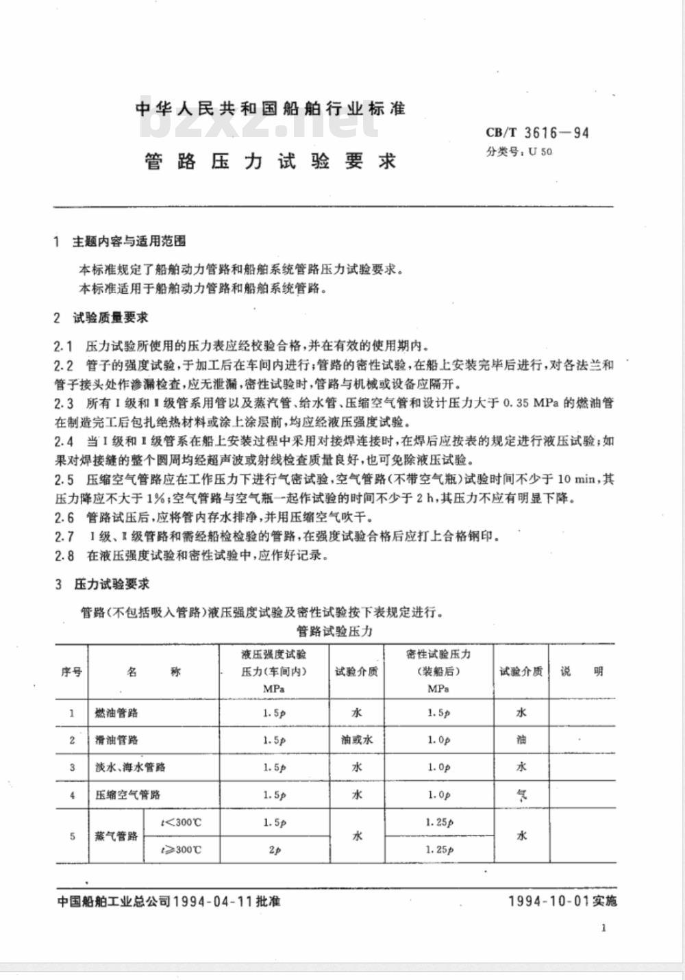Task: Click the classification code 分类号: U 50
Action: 519,152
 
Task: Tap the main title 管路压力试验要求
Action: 271,162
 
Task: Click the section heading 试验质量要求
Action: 110,318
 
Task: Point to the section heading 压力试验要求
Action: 111,584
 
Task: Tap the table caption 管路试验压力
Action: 334,631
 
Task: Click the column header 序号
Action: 71,672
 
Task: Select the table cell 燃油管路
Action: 116,713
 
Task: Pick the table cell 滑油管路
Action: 116,740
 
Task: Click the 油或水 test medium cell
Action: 356,740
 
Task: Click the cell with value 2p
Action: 274,850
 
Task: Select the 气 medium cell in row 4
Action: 521,795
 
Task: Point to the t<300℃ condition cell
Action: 181,822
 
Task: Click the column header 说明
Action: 582,672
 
